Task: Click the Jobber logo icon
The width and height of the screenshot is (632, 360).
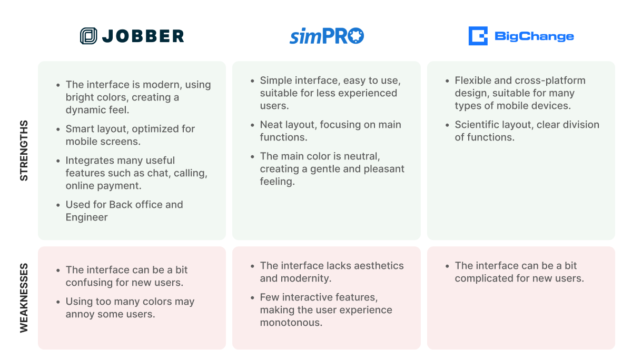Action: [x=88, y=36]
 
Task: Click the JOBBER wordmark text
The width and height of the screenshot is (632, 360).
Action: [x=143, y=36]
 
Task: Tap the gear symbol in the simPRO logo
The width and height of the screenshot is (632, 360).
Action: [x=356, y=35]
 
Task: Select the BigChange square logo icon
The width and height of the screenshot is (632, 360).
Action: [x=478, y=36]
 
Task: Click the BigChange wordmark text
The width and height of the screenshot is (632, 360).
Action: [x=534, y=36]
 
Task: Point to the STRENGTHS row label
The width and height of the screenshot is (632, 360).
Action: [x=24, y=151]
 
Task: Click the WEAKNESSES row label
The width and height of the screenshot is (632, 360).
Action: [x=24, y=298]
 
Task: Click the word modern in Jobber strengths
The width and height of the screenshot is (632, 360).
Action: [x=162, y=85]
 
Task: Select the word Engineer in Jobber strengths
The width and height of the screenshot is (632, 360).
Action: [x=86, y=217]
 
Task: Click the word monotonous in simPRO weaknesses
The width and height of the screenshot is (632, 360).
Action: [x=291, y=323]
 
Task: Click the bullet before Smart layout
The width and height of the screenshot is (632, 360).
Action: [x=58, y=129]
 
